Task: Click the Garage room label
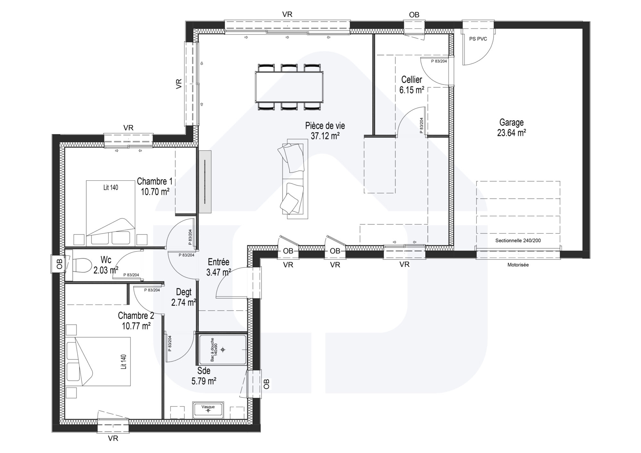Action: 511,127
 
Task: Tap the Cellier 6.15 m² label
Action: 412,85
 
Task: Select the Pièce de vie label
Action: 325,126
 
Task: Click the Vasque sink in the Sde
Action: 208,410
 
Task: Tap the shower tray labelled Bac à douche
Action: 223,350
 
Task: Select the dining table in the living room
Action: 289,87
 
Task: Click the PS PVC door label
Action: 478,39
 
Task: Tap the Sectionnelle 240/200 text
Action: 518,240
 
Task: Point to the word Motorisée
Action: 518,265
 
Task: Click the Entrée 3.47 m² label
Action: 219,267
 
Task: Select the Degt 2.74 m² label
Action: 184,297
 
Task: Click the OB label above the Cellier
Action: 414,15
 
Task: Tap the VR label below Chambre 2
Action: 113,438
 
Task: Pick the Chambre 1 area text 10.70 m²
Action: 155,192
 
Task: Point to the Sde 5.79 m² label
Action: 204,376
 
